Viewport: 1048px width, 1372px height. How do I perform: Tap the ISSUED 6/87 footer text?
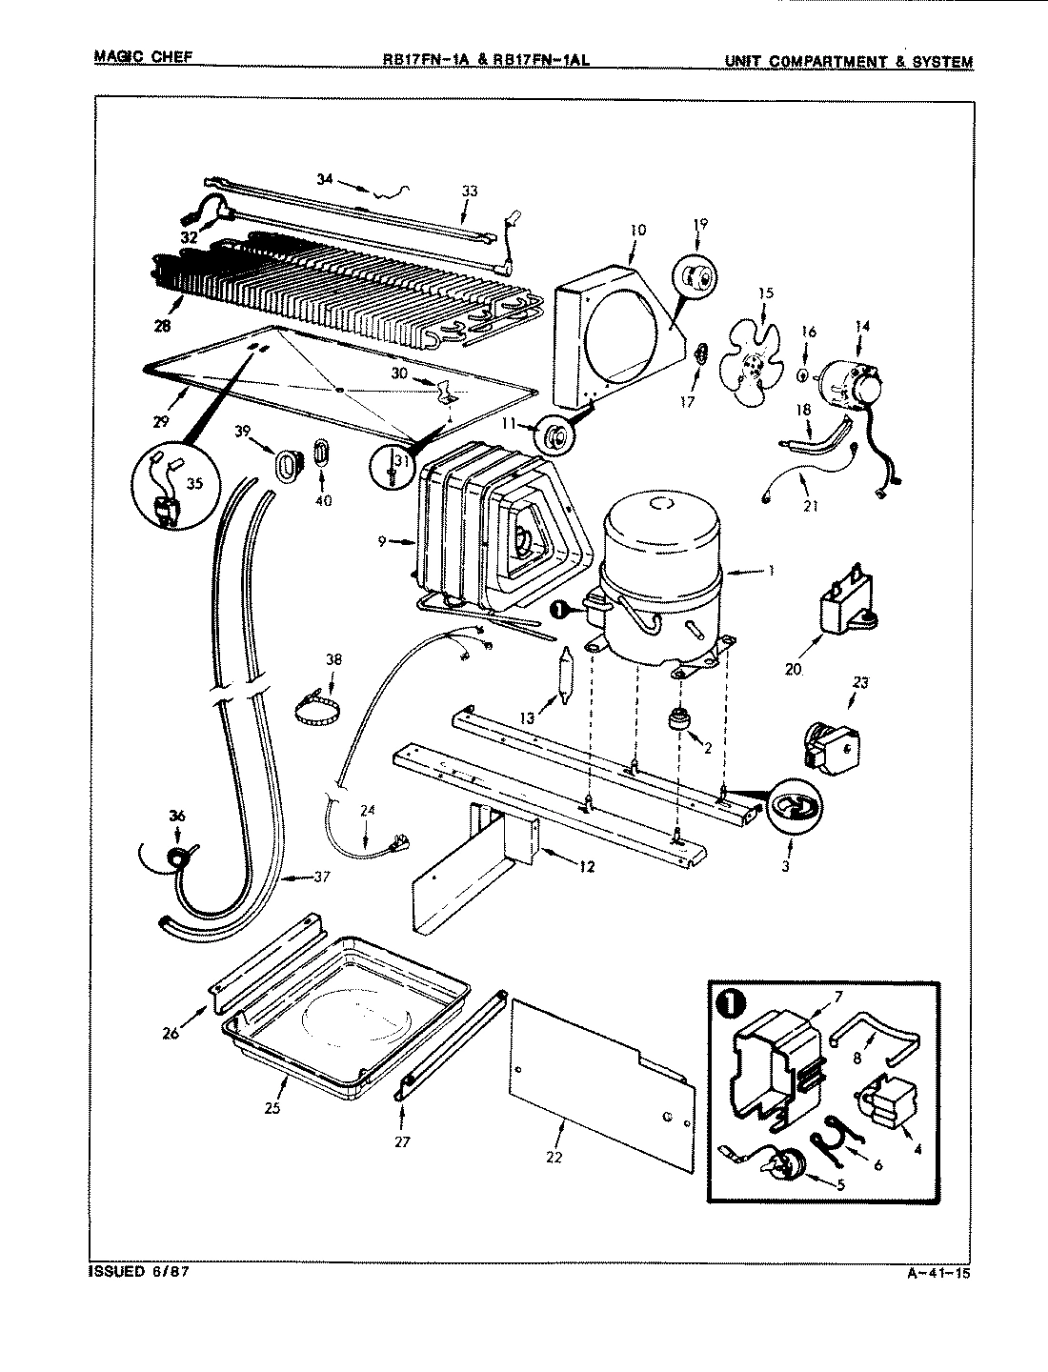(136, 1272)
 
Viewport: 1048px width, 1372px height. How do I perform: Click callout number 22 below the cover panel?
(554, 1157)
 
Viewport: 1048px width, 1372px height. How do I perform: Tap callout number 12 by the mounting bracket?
(587, 866)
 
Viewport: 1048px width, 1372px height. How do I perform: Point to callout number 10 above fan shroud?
(637, 230)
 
